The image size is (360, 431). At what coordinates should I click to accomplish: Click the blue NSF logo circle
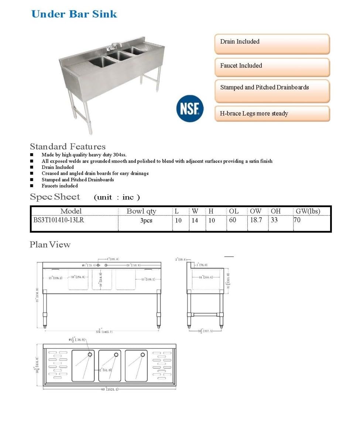[190, 108]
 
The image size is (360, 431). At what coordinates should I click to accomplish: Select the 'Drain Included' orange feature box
[272, 44]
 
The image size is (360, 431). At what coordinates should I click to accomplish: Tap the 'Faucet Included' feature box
[272, 67]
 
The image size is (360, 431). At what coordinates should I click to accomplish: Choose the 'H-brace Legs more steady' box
[272, 114]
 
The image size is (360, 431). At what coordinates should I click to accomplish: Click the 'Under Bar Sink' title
[74, 14]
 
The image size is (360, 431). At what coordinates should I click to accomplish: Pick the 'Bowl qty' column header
[141, 211]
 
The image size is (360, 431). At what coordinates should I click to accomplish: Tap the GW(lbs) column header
[308, 211]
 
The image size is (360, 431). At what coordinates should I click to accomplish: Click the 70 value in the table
[298, 220]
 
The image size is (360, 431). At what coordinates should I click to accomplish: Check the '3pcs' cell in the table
[146, 220]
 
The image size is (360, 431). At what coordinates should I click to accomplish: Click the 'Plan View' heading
[50, 244]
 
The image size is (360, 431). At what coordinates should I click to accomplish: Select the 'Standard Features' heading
[68, 147]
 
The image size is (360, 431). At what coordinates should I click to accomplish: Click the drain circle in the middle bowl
[116, 355]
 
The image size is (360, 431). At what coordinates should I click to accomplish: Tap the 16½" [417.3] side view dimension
[206, 331]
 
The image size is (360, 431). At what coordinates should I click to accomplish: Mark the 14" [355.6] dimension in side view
[205, 277]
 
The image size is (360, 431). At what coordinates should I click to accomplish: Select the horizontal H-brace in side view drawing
[205, 314]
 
